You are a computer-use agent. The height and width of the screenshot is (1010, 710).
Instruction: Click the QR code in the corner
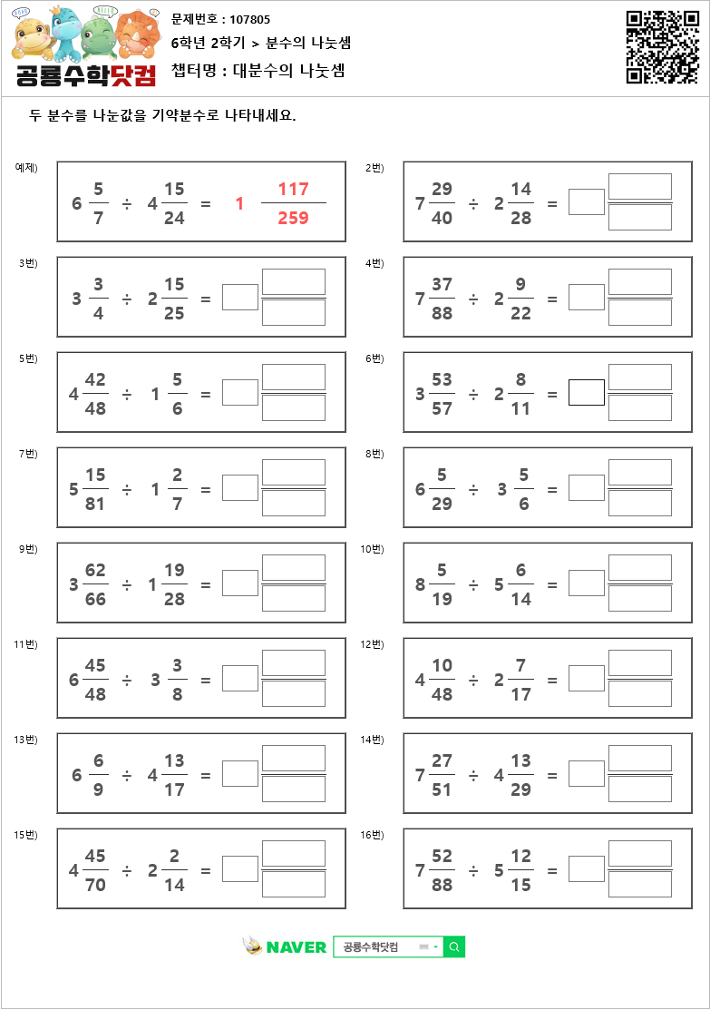(x=662, y=47)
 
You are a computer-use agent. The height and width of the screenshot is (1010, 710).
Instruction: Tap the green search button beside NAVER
(x=454, y=946)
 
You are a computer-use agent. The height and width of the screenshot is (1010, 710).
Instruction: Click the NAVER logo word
(x=296, y=947)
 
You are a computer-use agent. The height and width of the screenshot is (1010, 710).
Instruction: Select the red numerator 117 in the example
(x=294, y=189)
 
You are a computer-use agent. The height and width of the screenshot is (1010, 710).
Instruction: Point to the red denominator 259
(x=294, y=218)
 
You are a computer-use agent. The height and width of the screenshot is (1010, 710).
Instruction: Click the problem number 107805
(x=250, y=19)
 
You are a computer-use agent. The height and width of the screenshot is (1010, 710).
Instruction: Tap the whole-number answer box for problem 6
(x=587, y=392)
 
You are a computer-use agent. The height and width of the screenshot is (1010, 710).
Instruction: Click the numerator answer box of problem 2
(x=640, y=187)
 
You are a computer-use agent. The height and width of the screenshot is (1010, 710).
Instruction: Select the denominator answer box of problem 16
(x=640, y=885)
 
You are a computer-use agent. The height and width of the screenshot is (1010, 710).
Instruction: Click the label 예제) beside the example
(x=26, y=167)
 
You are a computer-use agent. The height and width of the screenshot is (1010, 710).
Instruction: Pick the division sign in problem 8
(x=473, y=489)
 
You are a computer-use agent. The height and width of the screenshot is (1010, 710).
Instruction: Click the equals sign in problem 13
(x=206, y=775)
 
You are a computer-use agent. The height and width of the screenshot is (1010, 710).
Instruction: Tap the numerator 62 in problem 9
(x=95, y=571)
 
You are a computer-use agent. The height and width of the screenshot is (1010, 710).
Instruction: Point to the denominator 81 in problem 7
(x=95, y=504)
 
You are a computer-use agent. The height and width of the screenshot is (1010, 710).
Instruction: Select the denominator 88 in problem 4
(x=442, y=313)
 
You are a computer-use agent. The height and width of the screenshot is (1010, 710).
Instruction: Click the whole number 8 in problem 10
(x=421, y=584)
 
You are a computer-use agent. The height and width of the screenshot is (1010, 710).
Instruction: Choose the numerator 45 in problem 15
(x=95, y=857)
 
